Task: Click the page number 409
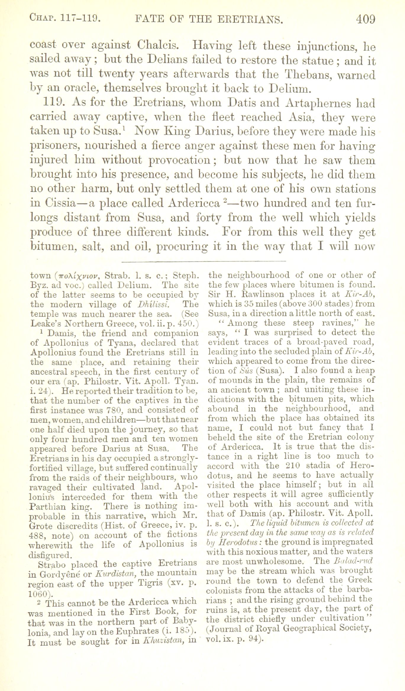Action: pos(365,20)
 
